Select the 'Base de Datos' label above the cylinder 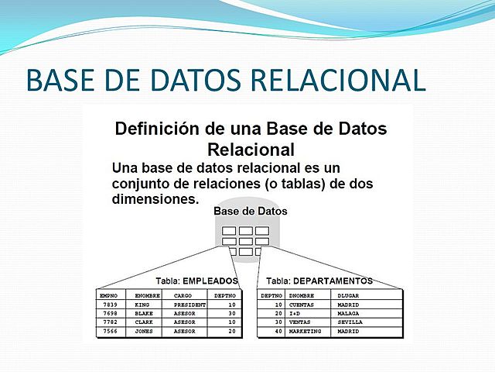[250, 211]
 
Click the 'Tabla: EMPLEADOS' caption [196, 281]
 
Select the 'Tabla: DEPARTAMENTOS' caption [319, 281]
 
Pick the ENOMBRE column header [147, 295]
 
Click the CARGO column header [183, 295]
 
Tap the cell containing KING [142, 305]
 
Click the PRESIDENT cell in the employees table [189, 305]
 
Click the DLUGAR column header [349, 295]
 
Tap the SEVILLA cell [350, 322]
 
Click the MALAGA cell [348, 313]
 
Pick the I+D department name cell [295, 313]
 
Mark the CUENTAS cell [302, 305]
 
